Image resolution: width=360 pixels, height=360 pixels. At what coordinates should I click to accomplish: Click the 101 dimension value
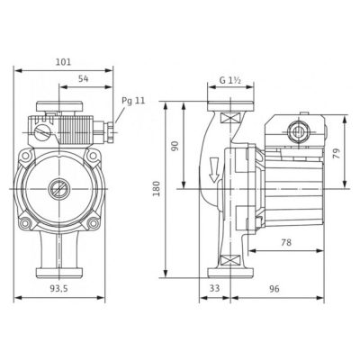(64, 62)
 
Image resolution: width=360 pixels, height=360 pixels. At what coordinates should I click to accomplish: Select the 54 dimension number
(84, 79)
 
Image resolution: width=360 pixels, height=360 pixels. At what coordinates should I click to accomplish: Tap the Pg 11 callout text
(133, 101)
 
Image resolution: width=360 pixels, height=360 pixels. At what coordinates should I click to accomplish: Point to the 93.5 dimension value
(58, 289)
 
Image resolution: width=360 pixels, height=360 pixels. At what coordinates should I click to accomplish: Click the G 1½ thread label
(230, 80)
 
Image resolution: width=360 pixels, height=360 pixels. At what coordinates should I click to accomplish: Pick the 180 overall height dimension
(157, 188)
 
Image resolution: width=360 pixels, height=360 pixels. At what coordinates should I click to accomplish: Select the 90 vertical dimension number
(175, 146)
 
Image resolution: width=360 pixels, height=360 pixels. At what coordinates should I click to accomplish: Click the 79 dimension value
(337, 153)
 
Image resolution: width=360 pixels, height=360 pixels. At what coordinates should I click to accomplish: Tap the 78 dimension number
(286, 242)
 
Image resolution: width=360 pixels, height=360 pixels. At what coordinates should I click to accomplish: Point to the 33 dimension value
(214, 288)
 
